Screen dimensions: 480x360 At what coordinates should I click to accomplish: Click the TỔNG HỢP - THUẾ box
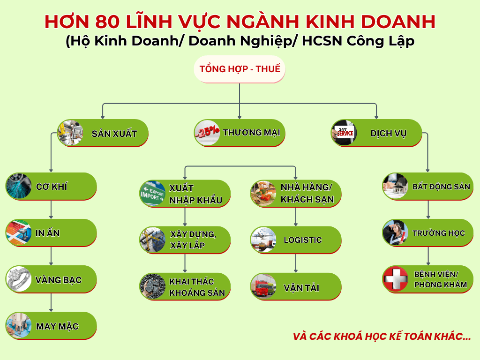tap(240, 69)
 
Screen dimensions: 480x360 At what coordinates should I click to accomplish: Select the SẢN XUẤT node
tap(103, 133)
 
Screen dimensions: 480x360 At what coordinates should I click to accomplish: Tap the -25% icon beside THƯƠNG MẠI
tap(207, 133)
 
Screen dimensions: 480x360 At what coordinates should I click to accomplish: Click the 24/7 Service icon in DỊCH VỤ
tap(344, 133)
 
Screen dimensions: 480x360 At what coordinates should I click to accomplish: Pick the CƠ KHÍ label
tap(52, 187)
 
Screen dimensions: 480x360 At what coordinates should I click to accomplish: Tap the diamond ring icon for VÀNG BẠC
tap(19, 279)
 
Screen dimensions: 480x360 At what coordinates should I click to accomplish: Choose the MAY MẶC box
tap(51, 326)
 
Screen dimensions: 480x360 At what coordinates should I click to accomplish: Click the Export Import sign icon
tap(152, 194)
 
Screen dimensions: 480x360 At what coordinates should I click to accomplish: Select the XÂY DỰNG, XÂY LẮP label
tap(193, 240)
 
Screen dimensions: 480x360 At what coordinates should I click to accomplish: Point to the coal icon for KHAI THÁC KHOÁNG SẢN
tap(152, 286)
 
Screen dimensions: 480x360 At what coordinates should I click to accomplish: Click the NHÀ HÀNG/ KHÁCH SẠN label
tap(307, 193)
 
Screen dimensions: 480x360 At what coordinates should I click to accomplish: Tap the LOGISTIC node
tap(296, 240)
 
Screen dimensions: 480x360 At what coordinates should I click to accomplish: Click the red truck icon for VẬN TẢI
tap(263, 286)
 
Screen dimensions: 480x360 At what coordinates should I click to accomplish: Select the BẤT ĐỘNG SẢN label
tap(441, 187)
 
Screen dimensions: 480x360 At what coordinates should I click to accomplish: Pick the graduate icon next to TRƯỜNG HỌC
tap(395, 232)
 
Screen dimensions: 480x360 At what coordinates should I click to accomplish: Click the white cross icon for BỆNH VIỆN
tap(395, 279)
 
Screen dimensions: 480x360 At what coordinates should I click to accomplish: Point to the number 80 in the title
tap(107, 22)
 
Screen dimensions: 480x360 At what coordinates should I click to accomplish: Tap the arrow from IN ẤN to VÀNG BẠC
tap(51, 256)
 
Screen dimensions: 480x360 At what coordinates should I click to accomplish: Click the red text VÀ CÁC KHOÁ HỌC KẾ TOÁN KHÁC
tap(382, 336)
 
